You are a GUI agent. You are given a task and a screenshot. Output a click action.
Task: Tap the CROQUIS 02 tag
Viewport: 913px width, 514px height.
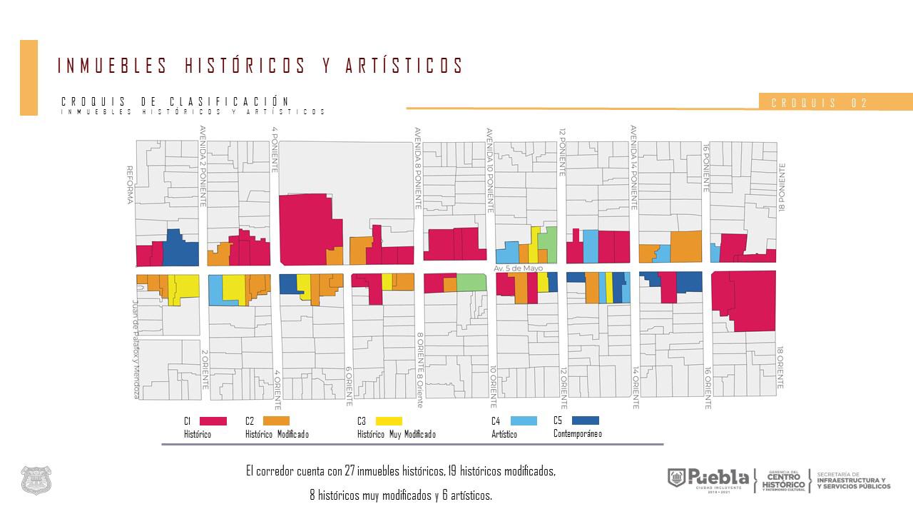coord(820,103)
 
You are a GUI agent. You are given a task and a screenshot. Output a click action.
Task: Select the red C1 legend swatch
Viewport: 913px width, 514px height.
coord(213,421)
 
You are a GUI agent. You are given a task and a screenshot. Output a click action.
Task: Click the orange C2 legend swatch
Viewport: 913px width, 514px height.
coord(276,421)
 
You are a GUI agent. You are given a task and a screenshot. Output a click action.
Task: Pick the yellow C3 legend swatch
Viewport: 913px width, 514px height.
coord(388,421)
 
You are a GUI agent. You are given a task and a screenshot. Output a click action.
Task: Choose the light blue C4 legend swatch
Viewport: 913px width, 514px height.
coord(524,421)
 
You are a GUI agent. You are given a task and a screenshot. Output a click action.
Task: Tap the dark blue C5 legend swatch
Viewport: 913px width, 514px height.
coord(585,420)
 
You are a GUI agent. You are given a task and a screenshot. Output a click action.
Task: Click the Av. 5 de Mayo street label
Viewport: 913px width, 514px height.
coord(518,268)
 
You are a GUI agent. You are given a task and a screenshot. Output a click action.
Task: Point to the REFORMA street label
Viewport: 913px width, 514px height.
coord(130,185)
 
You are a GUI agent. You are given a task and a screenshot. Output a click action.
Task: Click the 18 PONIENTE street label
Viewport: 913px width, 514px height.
coord(782,187)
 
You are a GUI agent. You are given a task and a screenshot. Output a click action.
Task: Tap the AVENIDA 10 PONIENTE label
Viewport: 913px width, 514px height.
coord(490,171)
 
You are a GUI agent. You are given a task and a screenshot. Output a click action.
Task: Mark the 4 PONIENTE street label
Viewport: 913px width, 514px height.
coord(275,140)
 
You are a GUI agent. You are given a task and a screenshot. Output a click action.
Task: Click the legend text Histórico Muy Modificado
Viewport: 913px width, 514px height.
coord(396,434)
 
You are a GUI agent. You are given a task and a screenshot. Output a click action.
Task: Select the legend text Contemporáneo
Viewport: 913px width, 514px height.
coord(577,433)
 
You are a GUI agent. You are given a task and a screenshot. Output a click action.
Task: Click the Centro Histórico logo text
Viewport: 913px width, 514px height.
coord(784,480)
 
